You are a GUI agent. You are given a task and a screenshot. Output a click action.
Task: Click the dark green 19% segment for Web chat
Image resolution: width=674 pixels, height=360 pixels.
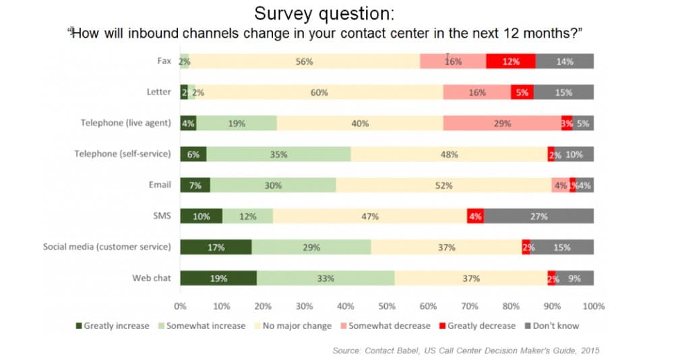218,278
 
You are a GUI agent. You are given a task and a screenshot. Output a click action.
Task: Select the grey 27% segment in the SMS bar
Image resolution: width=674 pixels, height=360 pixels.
539,216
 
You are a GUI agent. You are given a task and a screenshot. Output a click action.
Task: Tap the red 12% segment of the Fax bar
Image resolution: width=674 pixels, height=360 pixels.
511,61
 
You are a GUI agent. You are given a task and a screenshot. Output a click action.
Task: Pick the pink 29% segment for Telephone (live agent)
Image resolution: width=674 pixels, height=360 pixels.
502,123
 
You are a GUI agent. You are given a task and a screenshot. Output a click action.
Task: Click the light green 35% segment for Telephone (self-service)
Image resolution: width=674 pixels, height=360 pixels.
278,154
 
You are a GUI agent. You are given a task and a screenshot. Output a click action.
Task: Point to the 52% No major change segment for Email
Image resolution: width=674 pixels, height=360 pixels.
443,185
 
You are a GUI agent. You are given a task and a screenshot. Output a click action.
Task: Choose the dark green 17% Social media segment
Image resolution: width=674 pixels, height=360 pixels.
216,247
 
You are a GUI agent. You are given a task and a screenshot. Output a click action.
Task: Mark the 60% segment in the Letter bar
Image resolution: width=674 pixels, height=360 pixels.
319,92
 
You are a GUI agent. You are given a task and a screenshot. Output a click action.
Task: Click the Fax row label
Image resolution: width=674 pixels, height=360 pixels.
164,61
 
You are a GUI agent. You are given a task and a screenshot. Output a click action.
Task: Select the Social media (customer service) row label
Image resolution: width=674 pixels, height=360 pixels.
107,247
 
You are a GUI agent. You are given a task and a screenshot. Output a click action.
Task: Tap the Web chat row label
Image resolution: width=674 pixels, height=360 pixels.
152,278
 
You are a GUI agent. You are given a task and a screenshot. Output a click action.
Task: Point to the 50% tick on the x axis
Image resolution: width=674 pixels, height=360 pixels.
387,305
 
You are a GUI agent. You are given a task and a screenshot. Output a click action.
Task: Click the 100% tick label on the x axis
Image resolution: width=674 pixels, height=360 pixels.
593,305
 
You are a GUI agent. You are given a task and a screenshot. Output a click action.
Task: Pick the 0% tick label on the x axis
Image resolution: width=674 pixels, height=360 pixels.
181,305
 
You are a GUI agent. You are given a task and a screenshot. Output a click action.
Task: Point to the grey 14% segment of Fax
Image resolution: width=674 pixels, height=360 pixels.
565,61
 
